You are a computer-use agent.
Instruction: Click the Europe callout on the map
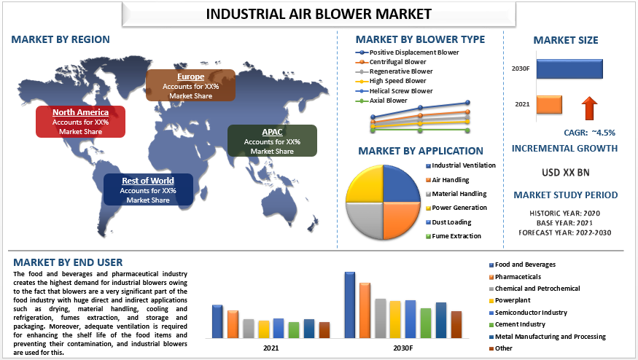[x=190, y=85]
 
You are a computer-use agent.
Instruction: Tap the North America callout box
[x=80, y=121]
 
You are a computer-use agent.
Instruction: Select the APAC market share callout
[x=272, y=141]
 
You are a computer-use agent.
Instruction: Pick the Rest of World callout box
[x=148, y=189]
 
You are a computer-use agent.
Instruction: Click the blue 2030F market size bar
[x=569, y=69]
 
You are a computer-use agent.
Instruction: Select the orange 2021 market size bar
[x=549, y=104]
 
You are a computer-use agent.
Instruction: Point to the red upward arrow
[x=589, y=108]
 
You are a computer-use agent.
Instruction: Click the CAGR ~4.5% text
[x=589, y=133]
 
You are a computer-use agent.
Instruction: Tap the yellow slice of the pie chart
[x=365, y=184]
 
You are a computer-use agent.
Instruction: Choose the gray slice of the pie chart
[x=365, y=221]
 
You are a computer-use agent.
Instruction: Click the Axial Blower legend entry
[x=381, y=101]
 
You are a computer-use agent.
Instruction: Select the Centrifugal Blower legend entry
[x=391, y=62]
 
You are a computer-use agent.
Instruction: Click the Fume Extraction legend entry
[x=454, y=236]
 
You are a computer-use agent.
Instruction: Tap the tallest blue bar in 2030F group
[x=350, y=305]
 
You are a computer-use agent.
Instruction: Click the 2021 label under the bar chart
[x=271, y=348]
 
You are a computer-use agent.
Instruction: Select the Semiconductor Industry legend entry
[x=528, y=313]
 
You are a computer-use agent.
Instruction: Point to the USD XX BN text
[x=566, y=173]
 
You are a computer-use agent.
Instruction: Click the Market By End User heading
[x=68, y=262]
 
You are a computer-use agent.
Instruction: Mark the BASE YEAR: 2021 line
[x=565, y=223]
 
